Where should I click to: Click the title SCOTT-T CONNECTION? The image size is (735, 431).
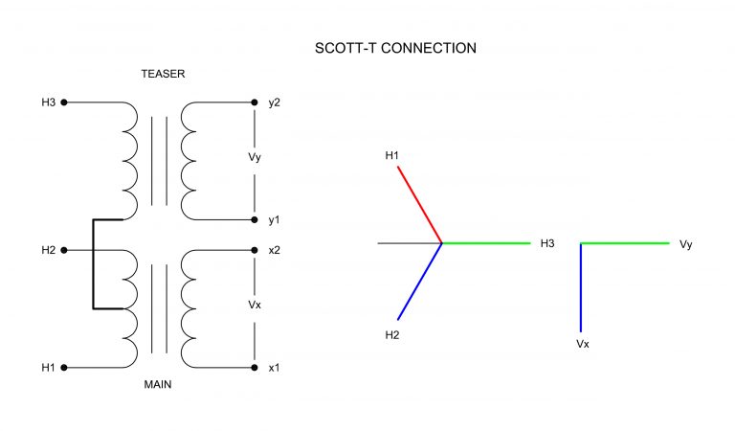[395, 47]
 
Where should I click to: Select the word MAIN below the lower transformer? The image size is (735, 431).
[157, 386]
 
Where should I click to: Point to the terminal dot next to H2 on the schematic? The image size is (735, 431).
[64, 250]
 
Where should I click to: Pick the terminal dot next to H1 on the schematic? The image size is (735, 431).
[64, 367]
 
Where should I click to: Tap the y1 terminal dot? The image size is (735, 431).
[255, 220]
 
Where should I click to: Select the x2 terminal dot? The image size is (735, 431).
[255, 250]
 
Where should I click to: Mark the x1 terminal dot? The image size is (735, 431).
[255, 367]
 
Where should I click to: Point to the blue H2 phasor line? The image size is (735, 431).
[419, 282]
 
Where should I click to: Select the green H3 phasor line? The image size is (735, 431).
[486, 243]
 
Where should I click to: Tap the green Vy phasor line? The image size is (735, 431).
[625, 243]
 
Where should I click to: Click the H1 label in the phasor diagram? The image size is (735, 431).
[391, 154]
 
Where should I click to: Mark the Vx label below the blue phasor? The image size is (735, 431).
[582, 342]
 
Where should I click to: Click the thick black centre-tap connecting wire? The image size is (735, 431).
[93, 264]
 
